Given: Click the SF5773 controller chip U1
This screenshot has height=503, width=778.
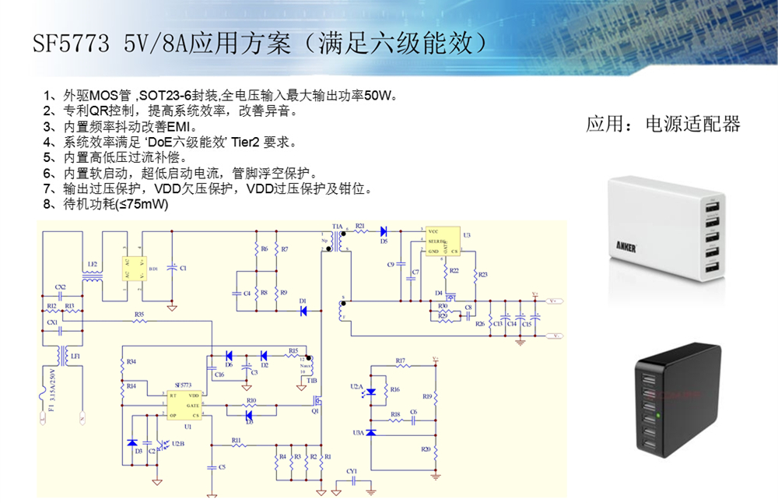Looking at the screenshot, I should tap(185, 405).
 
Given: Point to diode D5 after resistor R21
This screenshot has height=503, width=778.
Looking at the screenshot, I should tap(384, 231).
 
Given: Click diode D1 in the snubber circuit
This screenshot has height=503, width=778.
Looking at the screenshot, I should tap(303, 311).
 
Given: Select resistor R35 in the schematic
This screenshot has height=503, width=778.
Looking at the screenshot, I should tap(139, 321).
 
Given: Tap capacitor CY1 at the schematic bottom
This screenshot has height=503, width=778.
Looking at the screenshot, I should tap(352, 481).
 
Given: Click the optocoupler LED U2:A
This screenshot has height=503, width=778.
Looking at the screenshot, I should tap(371, 392).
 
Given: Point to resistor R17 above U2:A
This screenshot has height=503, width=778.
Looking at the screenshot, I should tap(401, 365).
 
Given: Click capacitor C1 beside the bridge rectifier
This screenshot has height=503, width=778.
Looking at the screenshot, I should tap(173, 269).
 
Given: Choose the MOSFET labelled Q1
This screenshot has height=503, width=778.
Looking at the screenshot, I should tap(319, 404).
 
